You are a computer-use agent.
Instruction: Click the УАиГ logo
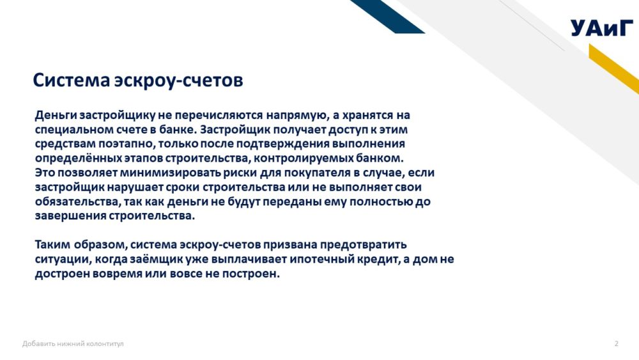[x=602, y=27]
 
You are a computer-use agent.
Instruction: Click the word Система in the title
[x=72, y=80]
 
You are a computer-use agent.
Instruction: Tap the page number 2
[x=616, y=343]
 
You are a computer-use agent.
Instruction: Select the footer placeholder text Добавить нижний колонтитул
[x=73, y=343]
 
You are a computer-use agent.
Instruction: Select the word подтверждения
[x=282, y=144]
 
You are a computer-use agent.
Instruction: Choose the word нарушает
[x=135, y=187]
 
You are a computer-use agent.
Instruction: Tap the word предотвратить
[x=363, y=245]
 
